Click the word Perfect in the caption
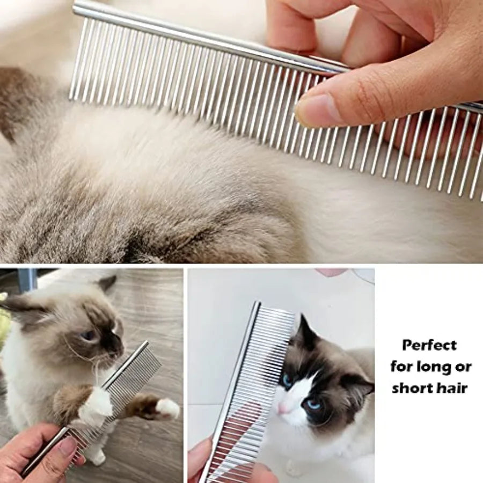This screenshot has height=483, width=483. coord(430,345)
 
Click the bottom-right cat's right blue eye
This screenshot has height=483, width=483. coord(313,404)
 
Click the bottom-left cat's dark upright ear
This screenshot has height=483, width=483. coord(107,283)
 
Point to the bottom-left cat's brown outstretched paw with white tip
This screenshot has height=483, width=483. coord(158,407)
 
